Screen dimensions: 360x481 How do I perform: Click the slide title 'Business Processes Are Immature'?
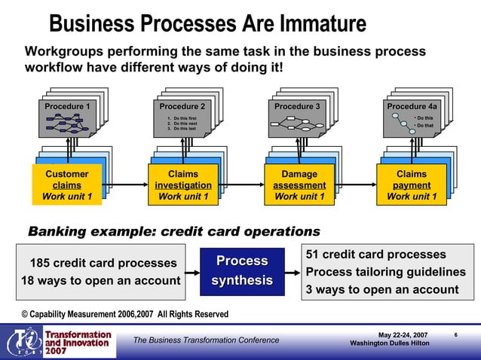click(207, 24)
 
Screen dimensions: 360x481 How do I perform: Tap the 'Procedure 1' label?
click(66, 106)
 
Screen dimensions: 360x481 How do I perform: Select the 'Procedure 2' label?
click(182, 106)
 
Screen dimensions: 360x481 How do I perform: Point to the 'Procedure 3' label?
click(296, 106)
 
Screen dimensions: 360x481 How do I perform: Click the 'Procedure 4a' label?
click(412, 106)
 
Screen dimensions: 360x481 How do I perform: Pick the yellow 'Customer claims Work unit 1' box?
click(66, 185)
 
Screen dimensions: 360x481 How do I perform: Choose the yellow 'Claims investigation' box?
click(182, 185)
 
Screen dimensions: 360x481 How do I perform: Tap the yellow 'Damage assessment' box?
click(299, 185)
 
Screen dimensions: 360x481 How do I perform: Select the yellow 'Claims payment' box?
click(412, 185)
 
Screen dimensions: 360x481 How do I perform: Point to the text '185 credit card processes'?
click(103, 263)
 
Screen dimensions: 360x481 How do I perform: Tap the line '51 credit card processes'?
click(375, 255)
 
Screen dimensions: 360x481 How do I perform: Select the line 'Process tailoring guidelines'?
click(385, 272)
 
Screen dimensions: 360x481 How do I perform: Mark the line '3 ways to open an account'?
click(381, 290)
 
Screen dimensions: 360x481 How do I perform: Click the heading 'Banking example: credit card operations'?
click(173, 231)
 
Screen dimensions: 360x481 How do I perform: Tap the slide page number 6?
click(456, 334)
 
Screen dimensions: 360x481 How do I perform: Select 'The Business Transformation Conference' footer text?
click(206, 340)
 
